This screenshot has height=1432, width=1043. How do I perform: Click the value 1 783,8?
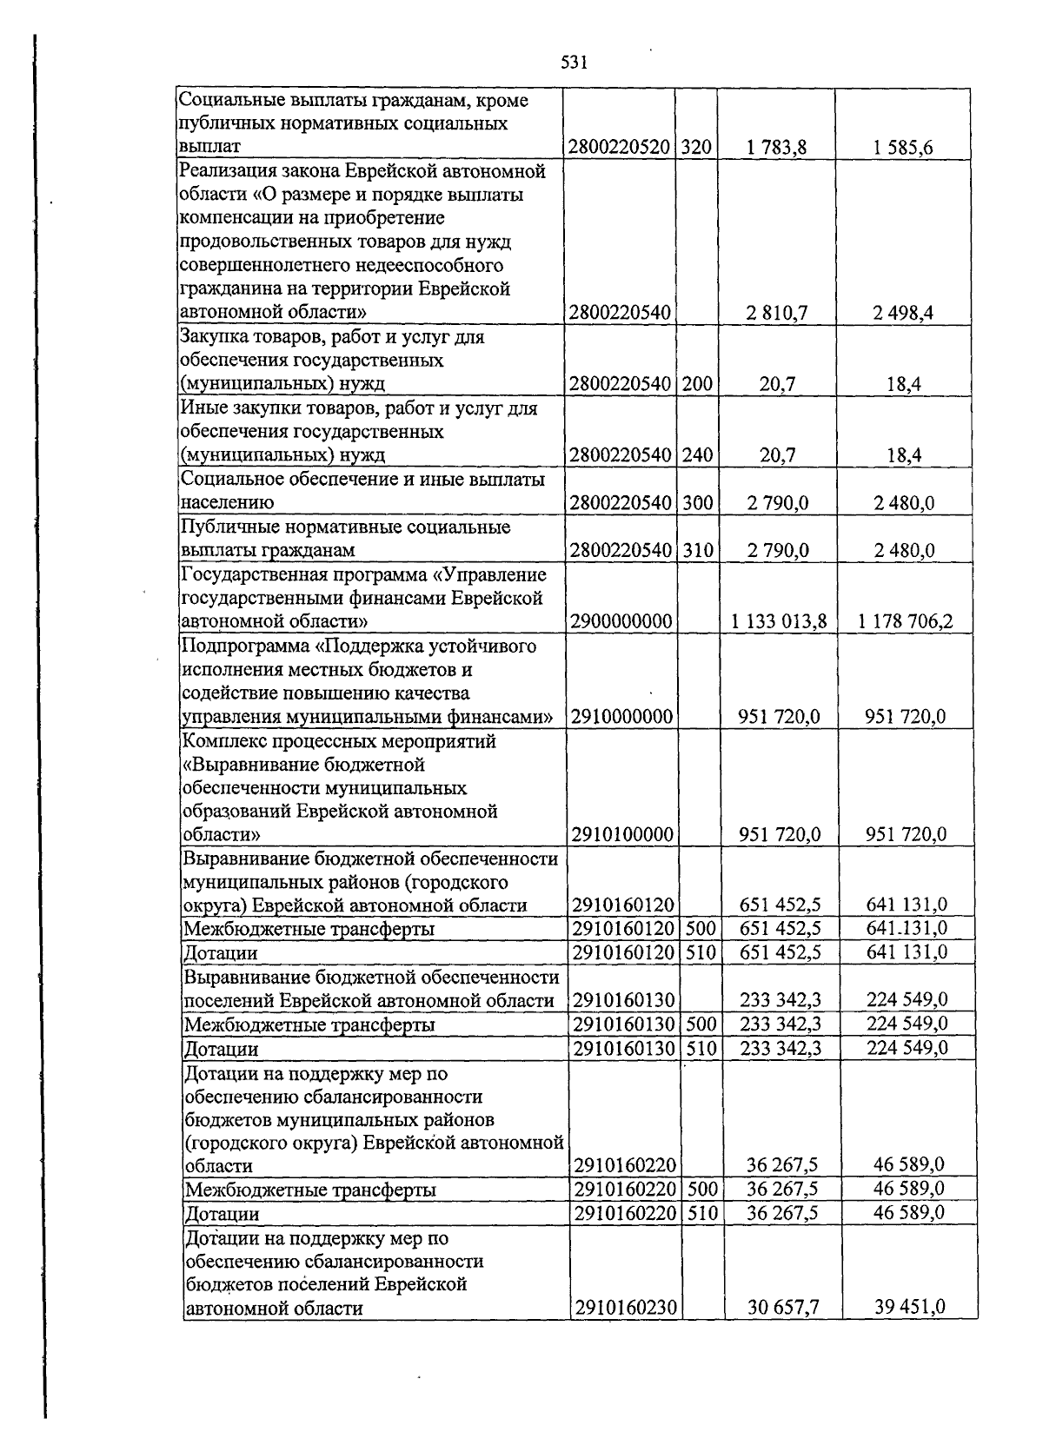pos(776,148)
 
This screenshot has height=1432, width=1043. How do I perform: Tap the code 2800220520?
pos(621,148)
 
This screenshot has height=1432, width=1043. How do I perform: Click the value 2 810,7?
pos(776,313)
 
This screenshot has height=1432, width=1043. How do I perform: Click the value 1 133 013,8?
pos(779,621)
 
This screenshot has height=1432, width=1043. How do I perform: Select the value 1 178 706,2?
pos(905,621)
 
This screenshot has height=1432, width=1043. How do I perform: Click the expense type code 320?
pos(695,148)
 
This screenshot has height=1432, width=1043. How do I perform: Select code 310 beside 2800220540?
pos(697,550)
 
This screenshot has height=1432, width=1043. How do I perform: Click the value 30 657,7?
pos(783,1307)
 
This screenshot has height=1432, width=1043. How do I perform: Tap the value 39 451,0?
pos(910,1306)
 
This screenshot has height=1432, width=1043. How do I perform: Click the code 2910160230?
pos(626,1307)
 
